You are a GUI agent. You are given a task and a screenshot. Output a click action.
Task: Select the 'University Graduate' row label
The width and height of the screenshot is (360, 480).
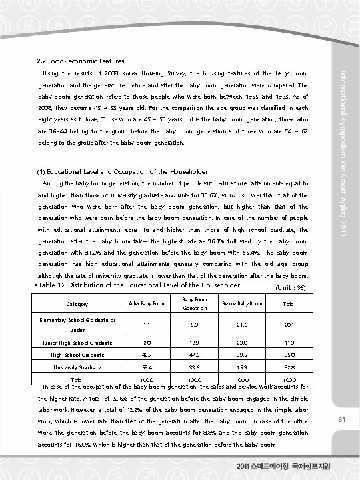[x=75, y=367]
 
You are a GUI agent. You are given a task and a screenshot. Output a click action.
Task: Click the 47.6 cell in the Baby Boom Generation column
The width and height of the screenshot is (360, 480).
[x=193, y=355]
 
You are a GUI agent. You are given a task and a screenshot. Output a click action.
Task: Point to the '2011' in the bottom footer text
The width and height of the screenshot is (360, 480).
[x=246, y=465]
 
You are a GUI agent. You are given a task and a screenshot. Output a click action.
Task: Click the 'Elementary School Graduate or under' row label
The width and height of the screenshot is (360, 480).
[x=75, y=324]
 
